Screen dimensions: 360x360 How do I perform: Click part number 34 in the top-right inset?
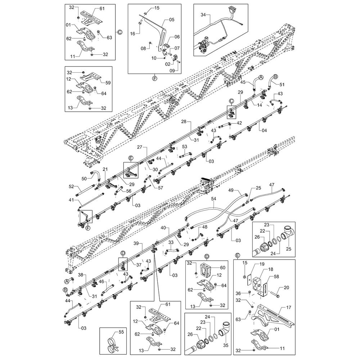point(203,15)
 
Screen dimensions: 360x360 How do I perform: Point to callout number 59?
point(108,82)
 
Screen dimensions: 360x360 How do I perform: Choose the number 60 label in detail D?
point(222,267)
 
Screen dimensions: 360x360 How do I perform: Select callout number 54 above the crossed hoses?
point(213,199)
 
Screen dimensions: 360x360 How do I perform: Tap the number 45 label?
point(243,82)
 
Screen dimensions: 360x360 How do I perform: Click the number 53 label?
point(185,147)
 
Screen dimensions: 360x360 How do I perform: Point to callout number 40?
point(163,228)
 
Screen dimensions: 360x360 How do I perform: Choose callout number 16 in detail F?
point(132,33)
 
